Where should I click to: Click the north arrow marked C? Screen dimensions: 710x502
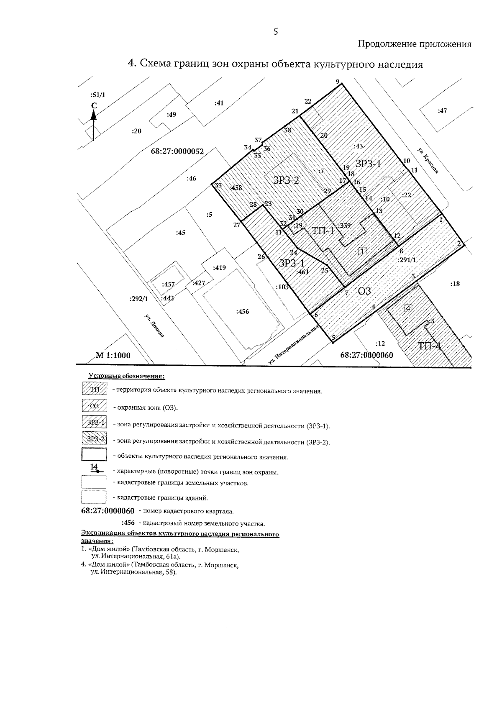(x=93, y=121)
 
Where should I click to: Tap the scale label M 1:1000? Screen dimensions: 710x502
(x=113, y=356)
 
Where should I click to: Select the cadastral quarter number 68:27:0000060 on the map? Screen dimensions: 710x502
(x=366, y=355)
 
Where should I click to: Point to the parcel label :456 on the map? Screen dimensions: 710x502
(x=243, y=311)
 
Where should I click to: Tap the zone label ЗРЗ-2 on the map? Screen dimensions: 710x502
(x=286, y=180)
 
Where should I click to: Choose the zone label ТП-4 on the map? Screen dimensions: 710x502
(x=429, y=346)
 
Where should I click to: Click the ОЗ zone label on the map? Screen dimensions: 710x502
(x=365, y=291)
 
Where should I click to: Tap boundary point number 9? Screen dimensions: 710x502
(x=337, y=82)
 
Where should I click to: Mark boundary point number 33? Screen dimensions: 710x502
(x=218, y=185)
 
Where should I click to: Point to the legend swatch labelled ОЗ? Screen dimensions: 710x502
(x=95, y=407)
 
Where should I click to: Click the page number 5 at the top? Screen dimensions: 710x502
(x=276, y=31)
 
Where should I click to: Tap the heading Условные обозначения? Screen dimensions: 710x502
(x=127, y=377)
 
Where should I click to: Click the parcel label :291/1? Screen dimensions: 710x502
(x=407, y=259)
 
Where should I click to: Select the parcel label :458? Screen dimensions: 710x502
(x=236, y=188)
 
